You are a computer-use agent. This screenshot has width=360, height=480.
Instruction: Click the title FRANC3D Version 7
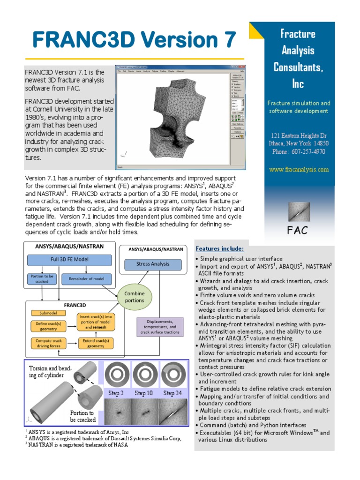tap(134, 40)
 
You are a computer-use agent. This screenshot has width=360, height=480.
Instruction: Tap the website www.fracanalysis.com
tap(299, 170)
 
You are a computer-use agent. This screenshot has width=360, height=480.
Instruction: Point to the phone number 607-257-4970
tap(299, 152)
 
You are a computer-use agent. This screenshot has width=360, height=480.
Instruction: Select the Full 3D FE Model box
tap(69, 260)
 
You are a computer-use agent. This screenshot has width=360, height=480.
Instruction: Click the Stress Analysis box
tap(153, 264)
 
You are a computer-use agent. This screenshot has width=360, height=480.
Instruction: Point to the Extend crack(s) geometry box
tap(96, 344)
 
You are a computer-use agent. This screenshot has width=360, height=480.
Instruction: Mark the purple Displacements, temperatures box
tap(159, 327)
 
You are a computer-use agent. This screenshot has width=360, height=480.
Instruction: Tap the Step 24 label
tap(172, 393)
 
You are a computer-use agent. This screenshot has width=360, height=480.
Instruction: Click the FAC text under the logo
tap(298, 230)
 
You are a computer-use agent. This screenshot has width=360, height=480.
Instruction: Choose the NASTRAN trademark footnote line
tap(77, 445)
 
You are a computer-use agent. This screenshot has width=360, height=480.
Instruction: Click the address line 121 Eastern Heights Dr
tap(299, 135)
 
